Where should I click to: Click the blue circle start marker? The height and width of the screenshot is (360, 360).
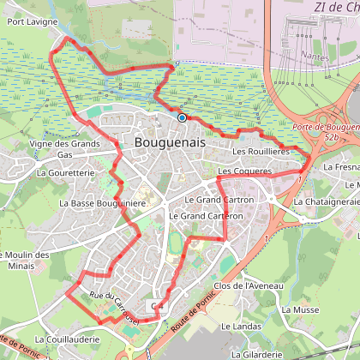(x=183, y=118)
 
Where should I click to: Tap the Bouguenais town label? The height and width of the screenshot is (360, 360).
(x=171, y=143)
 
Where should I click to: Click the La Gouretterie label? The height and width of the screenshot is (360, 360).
(x=63, y=172)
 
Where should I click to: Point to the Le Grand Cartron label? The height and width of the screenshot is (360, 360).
(x=219, y=199)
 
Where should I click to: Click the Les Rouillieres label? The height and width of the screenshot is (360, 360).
(x=261, y=152)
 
